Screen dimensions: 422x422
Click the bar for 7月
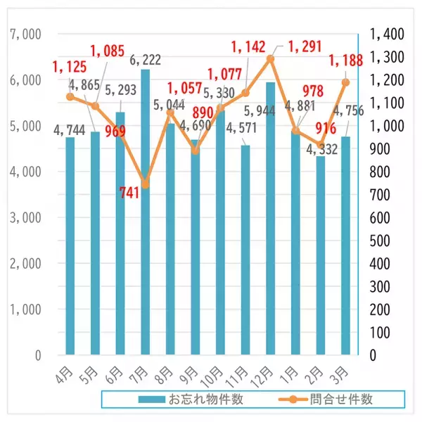click(x=145, y=211)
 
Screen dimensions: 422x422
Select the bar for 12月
click(x=270, y=218)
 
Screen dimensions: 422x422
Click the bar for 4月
click(x=70, y=246)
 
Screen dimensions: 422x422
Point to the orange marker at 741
click(x=146, y=184)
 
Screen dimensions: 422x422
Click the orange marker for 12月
click(x=270, y=58)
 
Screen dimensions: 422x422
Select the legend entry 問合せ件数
click(x=341, y=399)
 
